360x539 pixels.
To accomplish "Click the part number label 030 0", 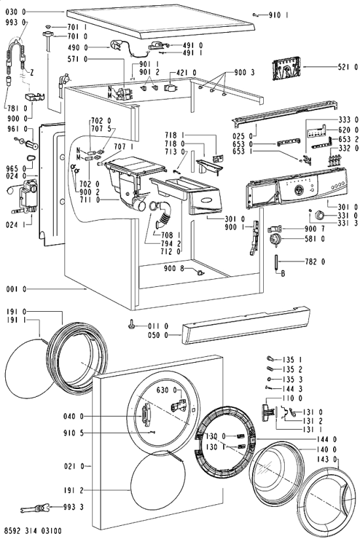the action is pyautogui.click(x=16, y=12).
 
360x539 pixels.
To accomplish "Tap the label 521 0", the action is pyautogui.click(x=348, y=67).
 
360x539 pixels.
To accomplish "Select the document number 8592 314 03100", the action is pyautogui.click(x=33, y=531).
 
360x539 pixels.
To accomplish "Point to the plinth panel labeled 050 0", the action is pyautogui.click(x=246, y=325).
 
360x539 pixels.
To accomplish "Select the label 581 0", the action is pyautogui.click(x=314, y=238).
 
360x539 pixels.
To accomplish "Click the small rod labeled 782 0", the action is pyautogui.click(x=276, y=262).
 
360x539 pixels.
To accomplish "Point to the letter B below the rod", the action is pyautogui.click(x=283, y=274).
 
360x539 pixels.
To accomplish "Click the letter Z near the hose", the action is pyautogui.click(x=31, y=73).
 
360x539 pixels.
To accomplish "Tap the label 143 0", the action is pyautogui.click(x=327, y=459).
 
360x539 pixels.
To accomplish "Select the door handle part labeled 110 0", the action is pyautogui.click(x=266, y=411).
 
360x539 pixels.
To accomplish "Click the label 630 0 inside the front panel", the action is pyautogui.click(x=167, y=390).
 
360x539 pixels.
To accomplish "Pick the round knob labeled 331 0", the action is pyautogui.click(x=320, y=216).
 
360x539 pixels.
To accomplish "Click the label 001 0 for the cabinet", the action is pyautogui.click(x=16, y=289).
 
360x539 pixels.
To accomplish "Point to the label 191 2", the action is pyautogui.click(x=73, y=490).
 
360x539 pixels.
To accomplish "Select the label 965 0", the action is pyautogui.click(x=16, y=168).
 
